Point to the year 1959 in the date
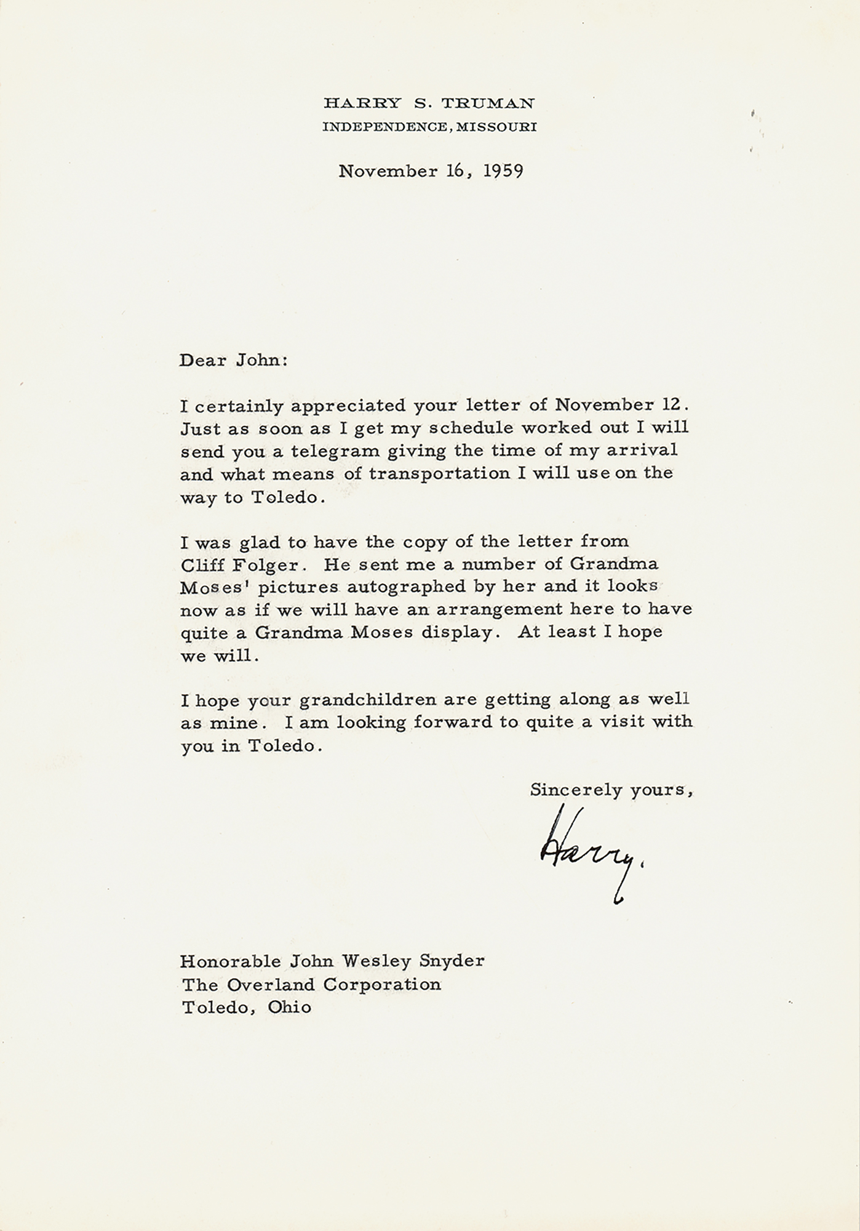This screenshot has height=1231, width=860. (503, 171)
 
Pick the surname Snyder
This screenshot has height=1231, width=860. (456, 961)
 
